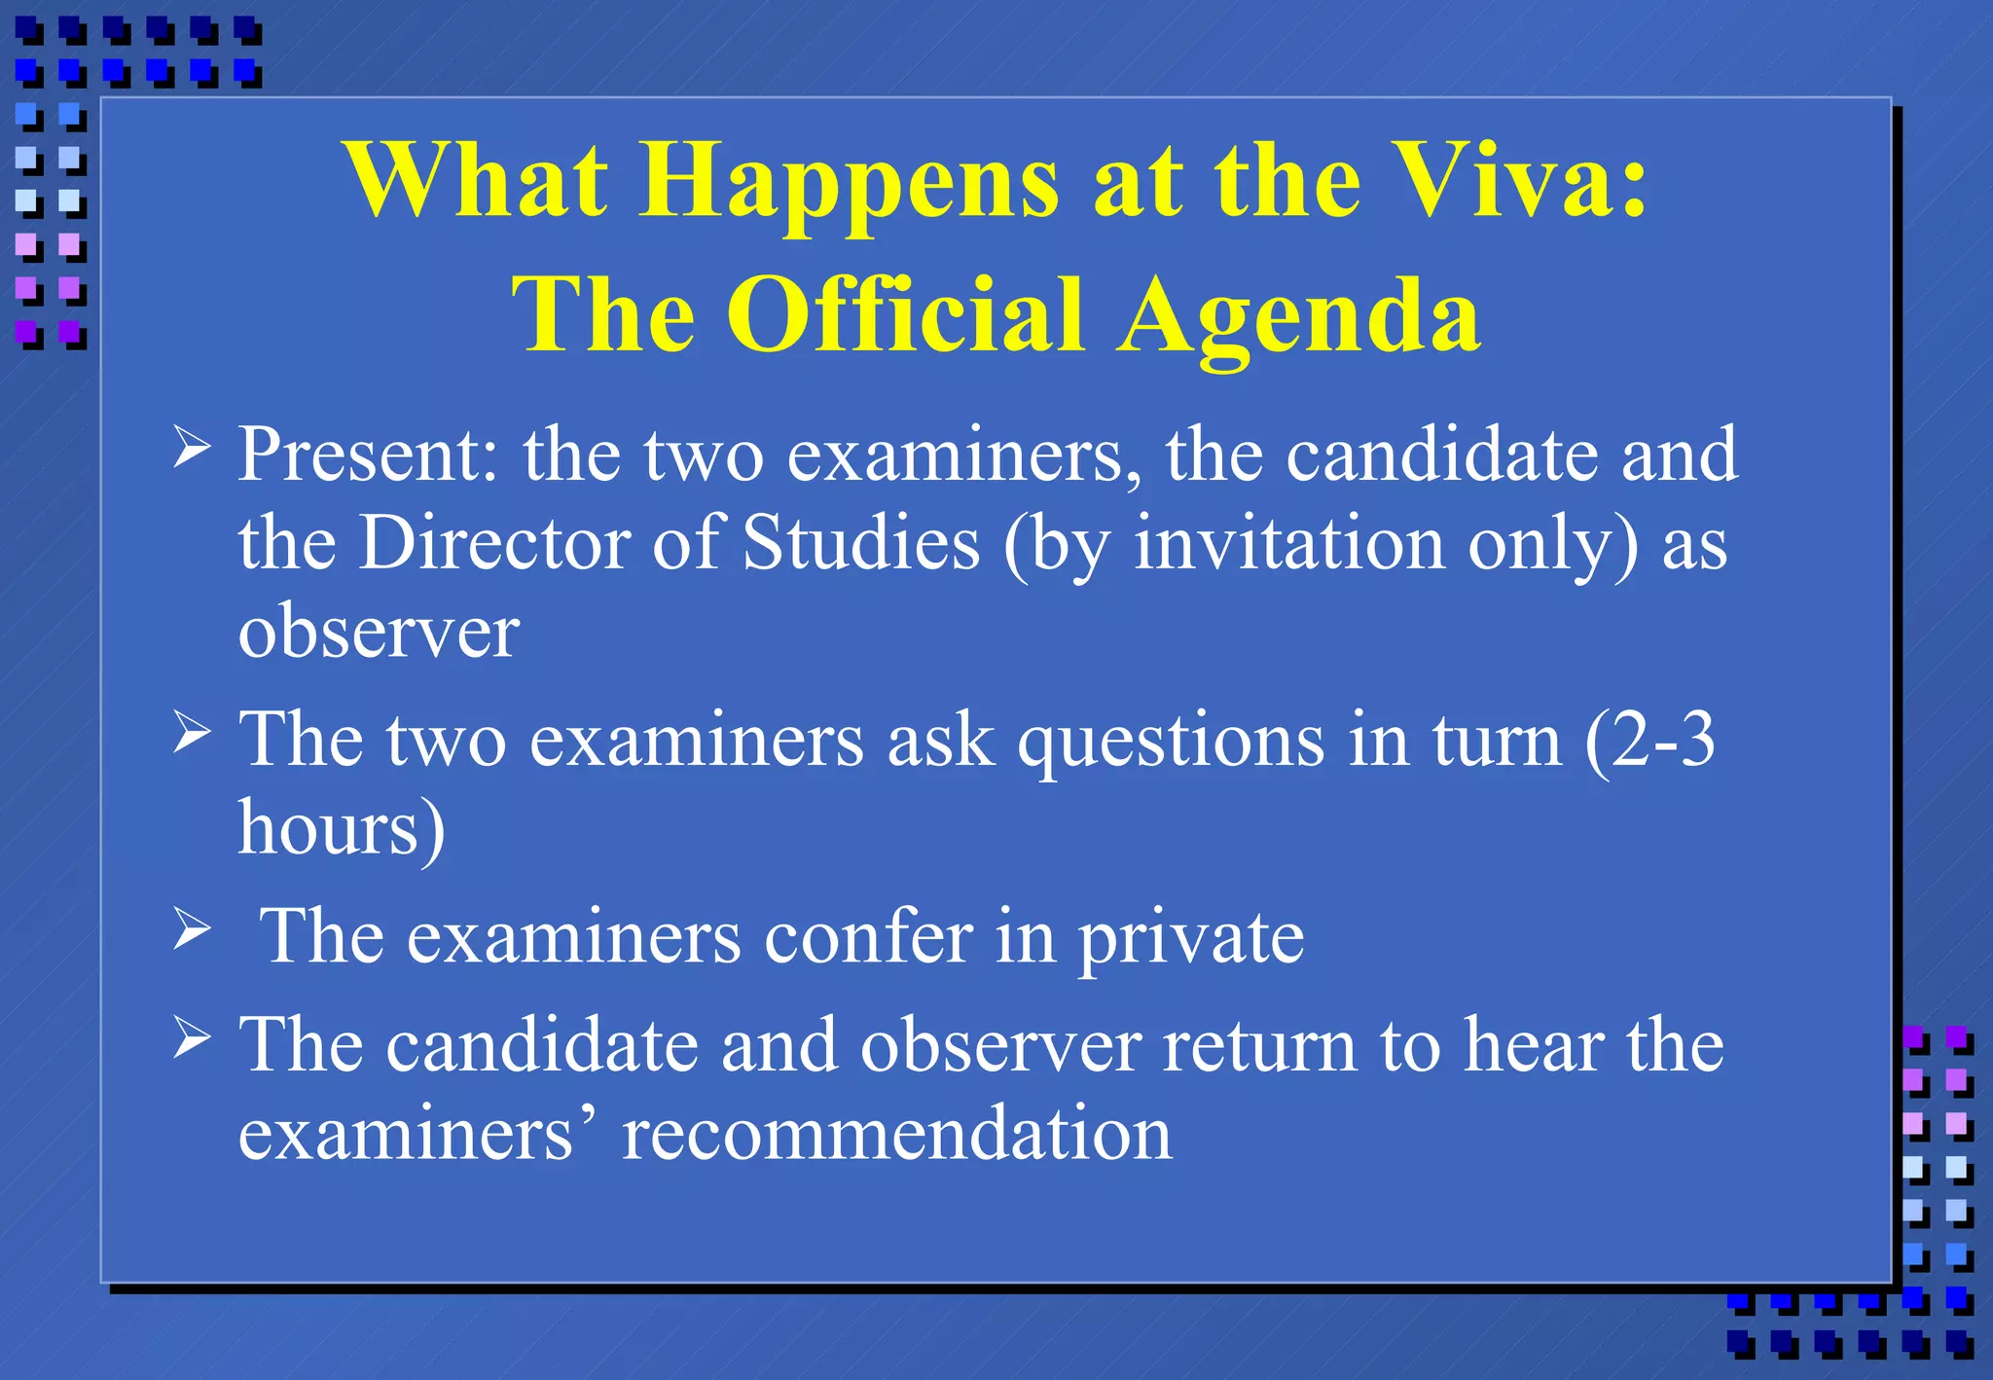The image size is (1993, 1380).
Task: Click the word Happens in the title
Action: tap(849, 185)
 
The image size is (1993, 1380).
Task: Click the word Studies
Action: tap(861, 543)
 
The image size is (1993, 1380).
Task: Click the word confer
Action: tap(868, 937)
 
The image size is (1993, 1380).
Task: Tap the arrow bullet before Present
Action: tap(192, 448)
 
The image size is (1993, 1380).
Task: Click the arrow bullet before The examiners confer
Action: tap(192, 928)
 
